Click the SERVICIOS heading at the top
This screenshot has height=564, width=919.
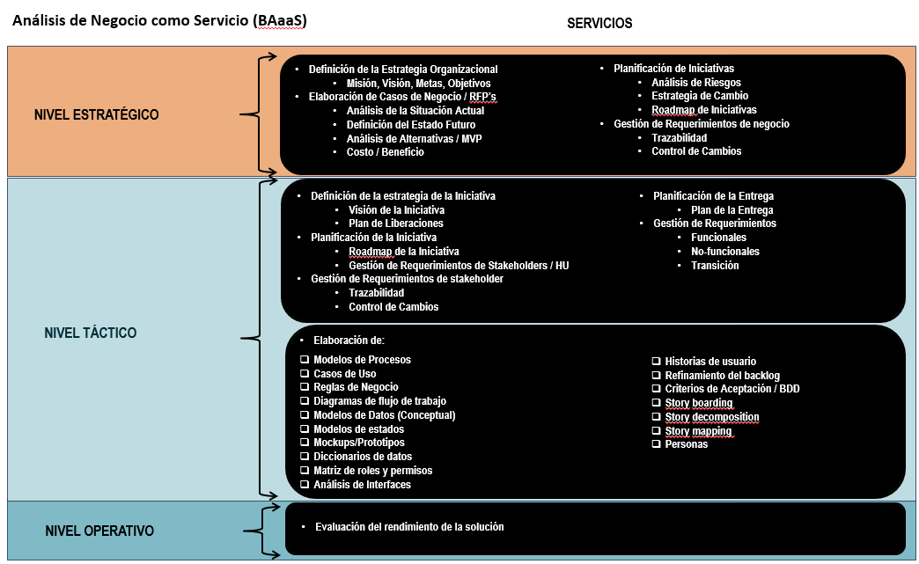599,23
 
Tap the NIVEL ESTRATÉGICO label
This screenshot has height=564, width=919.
97,114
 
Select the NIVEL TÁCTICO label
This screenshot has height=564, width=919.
91,333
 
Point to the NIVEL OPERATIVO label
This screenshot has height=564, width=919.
99,531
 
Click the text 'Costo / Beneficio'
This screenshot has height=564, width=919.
385,152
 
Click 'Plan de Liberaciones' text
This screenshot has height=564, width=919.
395,223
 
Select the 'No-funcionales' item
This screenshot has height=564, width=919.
724,252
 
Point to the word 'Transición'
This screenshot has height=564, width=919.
715,266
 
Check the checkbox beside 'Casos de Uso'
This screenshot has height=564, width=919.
305,374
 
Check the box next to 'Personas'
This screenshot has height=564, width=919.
657,444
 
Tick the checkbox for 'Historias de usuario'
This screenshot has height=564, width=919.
657,361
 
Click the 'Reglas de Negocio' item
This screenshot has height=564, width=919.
356,387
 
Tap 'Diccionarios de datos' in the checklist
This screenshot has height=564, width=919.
362,457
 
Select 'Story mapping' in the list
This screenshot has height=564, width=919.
698,431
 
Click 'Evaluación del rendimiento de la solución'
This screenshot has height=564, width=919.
409,527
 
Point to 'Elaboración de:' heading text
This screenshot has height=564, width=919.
349,340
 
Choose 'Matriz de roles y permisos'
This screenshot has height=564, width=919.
372,471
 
